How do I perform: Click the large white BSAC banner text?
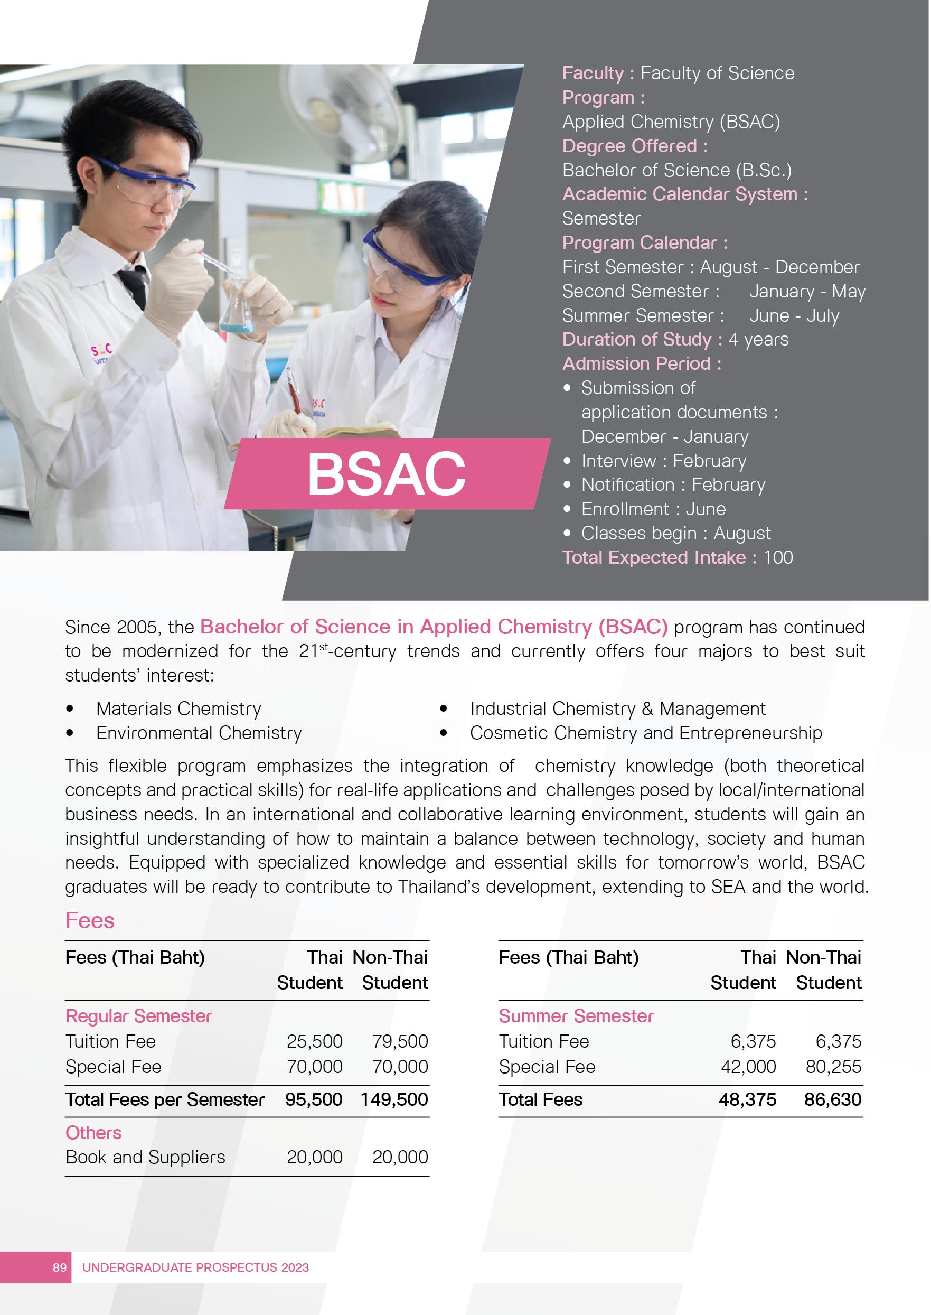387,474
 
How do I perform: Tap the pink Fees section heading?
89,920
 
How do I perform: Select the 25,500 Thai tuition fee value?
314,1041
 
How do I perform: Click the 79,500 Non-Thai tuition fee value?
400,1041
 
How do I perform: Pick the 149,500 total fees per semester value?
394,1099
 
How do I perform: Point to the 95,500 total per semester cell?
314,1099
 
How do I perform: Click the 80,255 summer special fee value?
833,1067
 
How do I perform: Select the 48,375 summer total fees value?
747,1099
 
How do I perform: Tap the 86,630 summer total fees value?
832,1099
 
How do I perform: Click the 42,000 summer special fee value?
748,1067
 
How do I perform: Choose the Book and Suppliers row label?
145,1157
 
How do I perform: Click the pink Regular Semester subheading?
138,1015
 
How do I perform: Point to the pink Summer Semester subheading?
576,1015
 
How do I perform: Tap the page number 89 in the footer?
60,1267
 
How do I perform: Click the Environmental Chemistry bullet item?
199,733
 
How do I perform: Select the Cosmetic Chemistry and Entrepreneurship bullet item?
645,733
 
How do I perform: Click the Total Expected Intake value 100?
778,557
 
